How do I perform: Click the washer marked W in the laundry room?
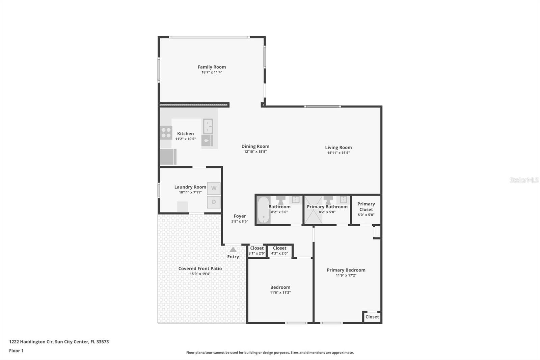214,188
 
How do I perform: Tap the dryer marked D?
214,202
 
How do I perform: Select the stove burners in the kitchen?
166,132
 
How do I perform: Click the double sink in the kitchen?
208,126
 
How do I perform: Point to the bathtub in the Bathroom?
263,210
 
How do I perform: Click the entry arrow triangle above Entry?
233,250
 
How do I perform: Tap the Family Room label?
212,67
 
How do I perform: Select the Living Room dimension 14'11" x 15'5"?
338,153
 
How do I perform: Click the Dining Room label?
255,146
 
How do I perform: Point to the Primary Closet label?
366,206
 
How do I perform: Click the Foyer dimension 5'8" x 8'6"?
240,222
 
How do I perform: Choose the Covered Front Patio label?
200,268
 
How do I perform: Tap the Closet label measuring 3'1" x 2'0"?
257,248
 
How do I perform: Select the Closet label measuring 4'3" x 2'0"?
279,248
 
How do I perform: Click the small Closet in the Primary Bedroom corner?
372,317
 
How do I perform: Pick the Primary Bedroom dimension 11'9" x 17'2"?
346,275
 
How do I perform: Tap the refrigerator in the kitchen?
168,157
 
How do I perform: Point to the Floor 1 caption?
16,351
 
